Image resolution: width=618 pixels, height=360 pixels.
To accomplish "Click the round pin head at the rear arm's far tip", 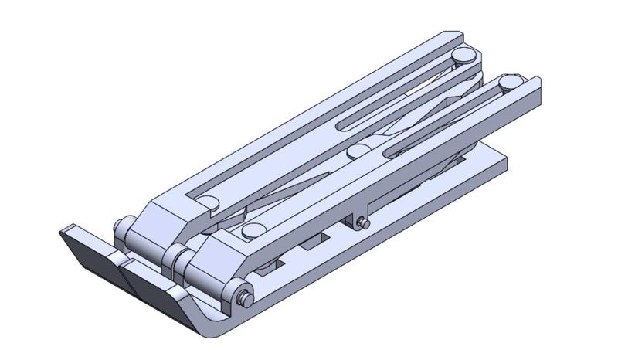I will point(463,56).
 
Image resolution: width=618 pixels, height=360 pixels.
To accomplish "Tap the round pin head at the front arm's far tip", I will point(511,81).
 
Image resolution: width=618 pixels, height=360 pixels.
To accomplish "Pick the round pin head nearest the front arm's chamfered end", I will point(252,229).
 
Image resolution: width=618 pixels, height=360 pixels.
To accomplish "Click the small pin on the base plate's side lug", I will point(362,224).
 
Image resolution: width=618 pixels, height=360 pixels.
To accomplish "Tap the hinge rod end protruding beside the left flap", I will point(120,227).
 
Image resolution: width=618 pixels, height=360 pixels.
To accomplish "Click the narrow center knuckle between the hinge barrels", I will point(175,259).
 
